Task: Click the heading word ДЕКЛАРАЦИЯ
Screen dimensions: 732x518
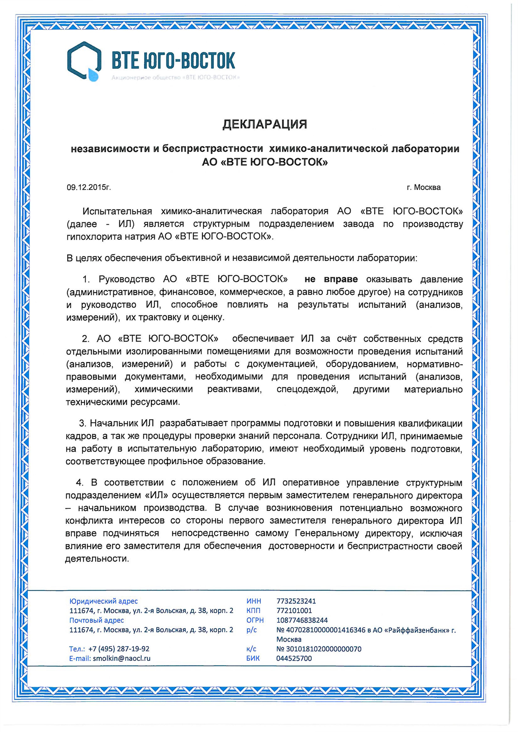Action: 264,124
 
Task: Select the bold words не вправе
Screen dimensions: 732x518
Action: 331,279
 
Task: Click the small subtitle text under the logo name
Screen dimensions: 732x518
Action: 175,78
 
